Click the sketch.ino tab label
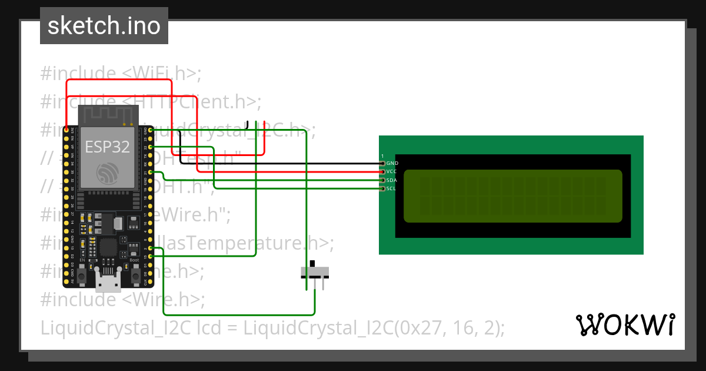pyautogui.click(x=104, y=26)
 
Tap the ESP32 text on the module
pyautogui.click(x=108, y=147)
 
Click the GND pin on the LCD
pyautogui.click(x=383, y=163)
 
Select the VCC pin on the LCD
pyautogui.click(x=383, y=171)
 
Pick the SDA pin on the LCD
pyautogui.click(x=383, y=180)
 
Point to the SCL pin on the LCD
pyautogui.click(x=383, y=188)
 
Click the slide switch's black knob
pyautogui.click(x=312, y=264)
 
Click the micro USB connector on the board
pyautogui.click(x=108, y=283)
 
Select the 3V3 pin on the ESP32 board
pyautogui.click(x=66, y=130)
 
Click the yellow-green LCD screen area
pyautogui.click(x=512, y=196)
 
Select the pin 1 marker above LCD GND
pyautogui.click(x=382, y=156)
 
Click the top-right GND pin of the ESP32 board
pyautogui.click(x=151, y=130)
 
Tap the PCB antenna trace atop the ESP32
pyautogui.click(x=108, y=114)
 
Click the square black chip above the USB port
pyautogui.click(x=108, y=248)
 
